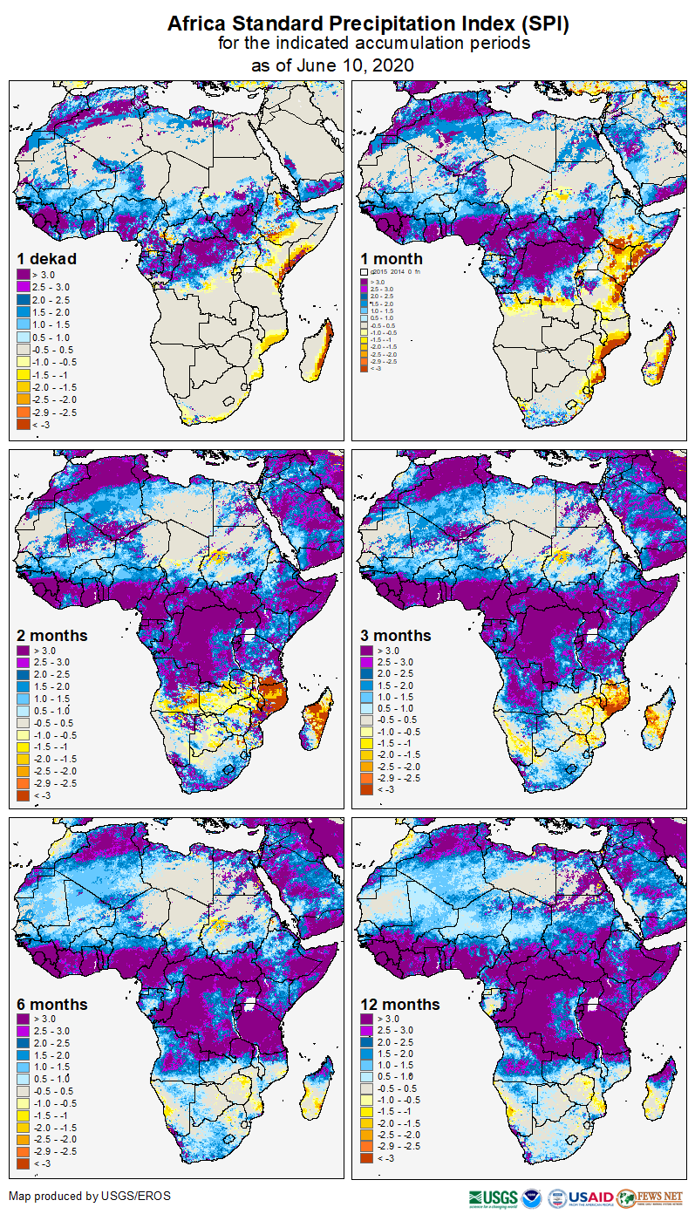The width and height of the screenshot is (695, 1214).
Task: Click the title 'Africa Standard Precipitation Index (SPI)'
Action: pyautogui.click(x=368, y=24)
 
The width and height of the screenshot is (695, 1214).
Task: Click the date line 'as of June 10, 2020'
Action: pyautogui.click(x=332, y=65)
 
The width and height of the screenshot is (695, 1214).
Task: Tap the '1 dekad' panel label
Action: pyautogui.click(x=47, y=258)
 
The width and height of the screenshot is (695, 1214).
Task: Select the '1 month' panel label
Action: pyautogui.click(x=392, y=258)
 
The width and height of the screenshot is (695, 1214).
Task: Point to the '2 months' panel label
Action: pyautogui.click(x=52, y=635)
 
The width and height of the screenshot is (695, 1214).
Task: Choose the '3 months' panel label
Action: pyautogui.click(x=396, y=635)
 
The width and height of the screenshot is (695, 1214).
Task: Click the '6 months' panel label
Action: pyautogui.click(x=52, y=1004)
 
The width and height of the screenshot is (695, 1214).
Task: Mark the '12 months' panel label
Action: pyautogui.click(x=400, y=1004)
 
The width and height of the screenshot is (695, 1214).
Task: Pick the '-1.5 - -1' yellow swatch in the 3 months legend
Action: pyautogui.click(x=368, y=742)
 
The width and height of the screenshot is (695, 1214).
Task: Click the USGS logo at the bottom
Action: pyautogui.click(x=493, y=1197)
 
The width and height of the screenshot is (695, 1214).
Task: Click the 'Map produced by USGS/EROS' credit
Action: pyautogui.click(x=90, y=1196)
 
